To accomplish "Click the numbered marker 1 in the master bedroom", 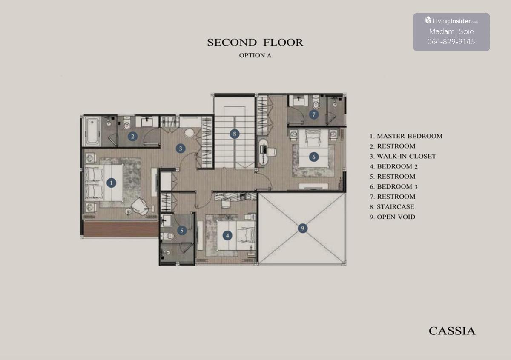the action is click(x=111, y=183).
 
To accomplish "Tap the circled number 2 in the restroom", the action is click(x=132, y=137).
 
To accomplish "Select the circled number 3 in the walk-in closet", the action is click(x=181, y=149).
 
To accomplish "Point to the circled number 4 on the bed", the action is click(x=227, y=235).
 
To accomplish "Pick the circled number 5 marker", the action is click(x=182, y=230).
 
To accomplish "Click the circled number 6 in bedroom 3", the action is click(x=314, y=157).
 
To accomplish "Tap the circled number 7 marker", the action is click(x=314, y=114).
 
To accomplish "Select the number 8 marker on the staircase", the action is click(x=235, y=134).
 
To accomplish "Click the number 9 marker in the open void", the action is click(x=302, y=228).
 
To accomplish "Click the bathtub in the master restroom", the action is click(x=92, y=131).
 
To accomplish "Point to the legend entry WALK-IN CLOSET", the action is click(x=403, y=157).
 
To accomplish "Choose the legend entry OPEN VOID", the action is click(x=392, y=217).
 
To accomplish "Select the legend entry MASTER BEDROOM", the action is click(x=406, y=136).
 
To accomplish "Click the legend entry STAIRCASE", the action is click(x=392, y=207).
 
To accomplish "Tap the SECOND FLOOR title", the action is click(x=255, y=43).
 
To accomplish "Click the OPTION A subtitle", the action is click(x=255, y=55).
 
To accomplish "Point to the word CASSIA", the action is click(x=452, y=331).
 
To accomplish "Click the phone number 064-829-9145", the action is click(x=451, y=42).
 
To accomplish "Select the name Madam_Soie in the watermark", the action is click(x=451, y=31).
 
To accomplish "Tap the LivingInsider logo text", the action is click(x=451, y=21).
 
